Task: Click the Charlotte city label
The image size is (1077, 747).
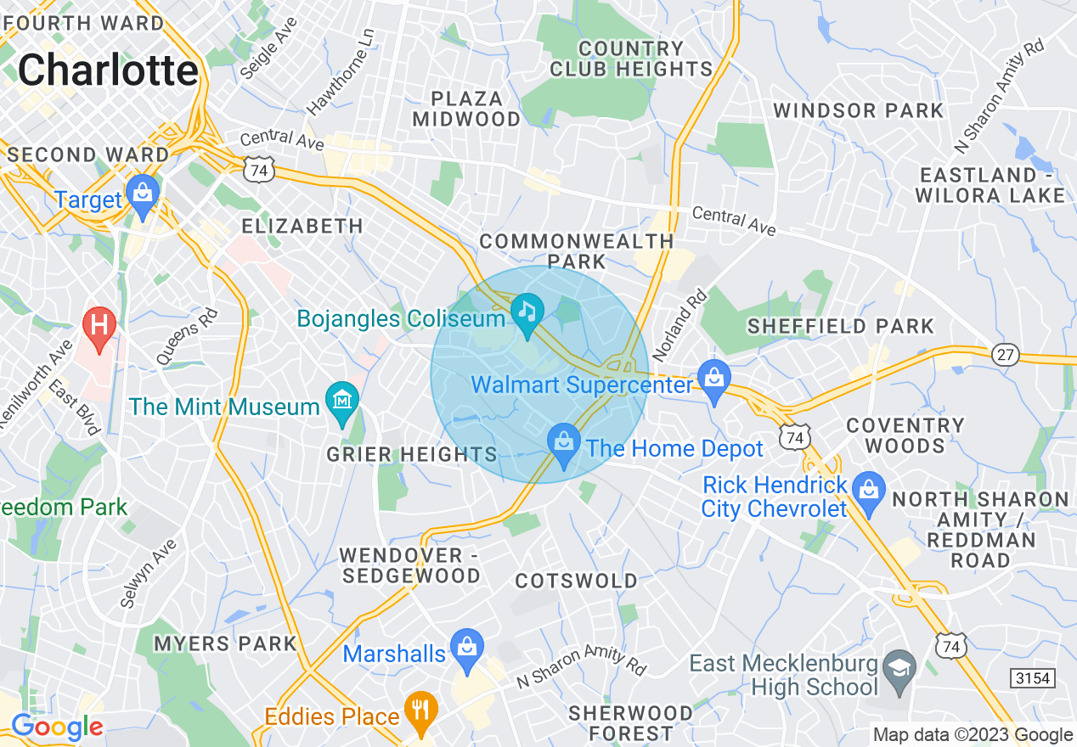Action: tap(108, 70)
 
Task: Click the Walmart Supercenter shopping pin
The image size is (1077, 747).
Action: tap(714, 379)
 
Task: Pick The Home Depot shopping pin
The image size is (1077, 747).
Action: tap(563, 444)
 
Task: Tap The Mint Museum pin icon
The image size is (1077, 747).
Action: tap(341, 402)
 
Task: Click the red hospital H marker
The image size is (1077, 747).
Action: tap(99, 326)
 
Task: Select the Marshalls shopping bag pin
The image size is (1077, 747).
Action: tap(466, 648)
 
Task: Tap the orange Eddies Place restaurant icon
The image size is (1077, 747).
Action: tap(420, 710)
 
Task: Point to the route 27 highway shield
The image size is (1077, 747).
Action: tap(1006, 354)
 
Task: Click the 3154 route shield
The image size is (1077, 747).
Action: tap(1033, 677)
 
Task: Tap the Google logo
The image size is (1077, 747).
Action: tap(57, 727)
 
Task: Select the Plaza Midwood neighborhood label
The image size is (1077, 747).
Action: tap(466, 109)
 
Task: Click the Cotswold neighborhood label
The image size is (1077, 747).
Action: tap(577, 581)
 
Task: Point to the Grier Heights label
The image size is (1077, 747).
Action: tap(412, 455)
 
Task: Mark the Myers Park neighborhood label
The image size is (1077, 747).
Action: tap(225, 643)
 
